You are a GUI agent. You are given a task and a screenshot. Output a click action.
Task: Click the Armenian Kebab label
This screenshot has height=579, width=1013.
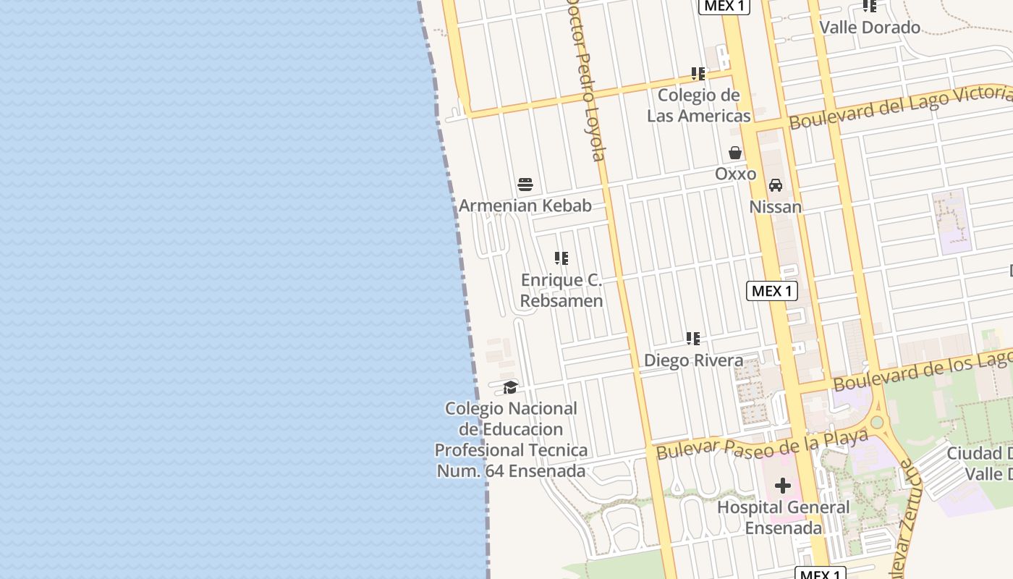[525, 206]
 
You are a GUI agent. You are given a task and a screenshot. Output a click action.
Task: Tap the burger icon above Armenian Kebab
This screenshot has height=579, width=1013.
[525, 185]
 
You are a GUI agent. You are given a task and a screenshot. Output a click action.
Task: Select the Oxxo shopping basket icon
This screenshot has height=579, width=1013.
[735, 153]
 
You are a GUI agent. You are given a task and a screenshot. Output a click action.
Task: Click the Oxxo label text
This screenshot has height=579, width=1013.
[735, 174]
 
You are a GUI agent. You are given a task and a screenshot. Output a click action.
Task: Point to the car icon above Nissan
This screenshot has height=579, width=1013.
[776, 185]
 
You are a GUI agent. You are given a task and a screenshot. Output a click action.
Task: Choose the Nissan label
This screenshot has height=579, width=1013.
[776, 207]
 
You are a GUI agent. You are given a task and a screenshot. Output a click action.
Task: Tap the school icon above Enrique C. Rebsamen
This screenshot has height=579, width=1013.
[561, 258]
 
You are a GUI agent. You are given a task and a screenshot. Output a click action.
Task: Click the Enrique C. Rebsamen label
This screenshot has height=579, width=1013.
[561, 290]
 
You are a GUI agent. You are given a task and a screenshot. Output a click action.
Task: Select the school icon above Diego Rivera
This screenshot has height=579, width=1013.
[693, 339]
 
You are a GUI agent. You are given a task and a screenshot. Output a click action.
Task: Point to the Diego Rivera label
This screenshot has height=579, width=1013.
[693, 360]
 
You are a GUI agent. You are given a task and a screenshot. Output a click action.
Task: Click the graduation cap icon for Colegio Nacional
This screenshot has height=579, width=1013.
[511, 387]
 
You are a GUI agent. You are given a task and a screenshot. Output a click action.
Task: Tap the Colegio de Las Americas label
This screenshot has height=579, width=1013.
[698, 106]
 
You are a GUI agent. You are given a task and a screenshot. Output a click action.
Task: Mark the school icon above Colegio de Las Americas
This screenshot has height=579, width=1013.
[698, 73]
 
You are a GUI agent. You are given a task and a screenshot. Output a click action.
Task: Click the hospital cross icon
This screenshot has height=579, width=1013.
[783, 486]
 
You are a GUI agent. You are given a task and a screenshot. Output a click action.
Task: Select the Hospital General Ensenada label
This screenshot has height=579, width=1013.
[783, 517]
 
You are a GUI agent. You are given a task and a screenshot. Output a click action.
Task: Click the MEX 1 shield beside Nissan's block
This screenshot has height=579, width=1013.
[772, 291]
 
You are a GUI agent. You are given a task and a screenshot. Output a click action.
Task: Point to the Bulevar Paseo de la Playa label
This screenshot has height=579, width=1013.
[761, 443]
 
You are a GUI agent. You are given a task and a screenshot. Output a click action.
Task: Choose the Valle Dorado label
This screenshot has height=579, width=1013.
[870, 28]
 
